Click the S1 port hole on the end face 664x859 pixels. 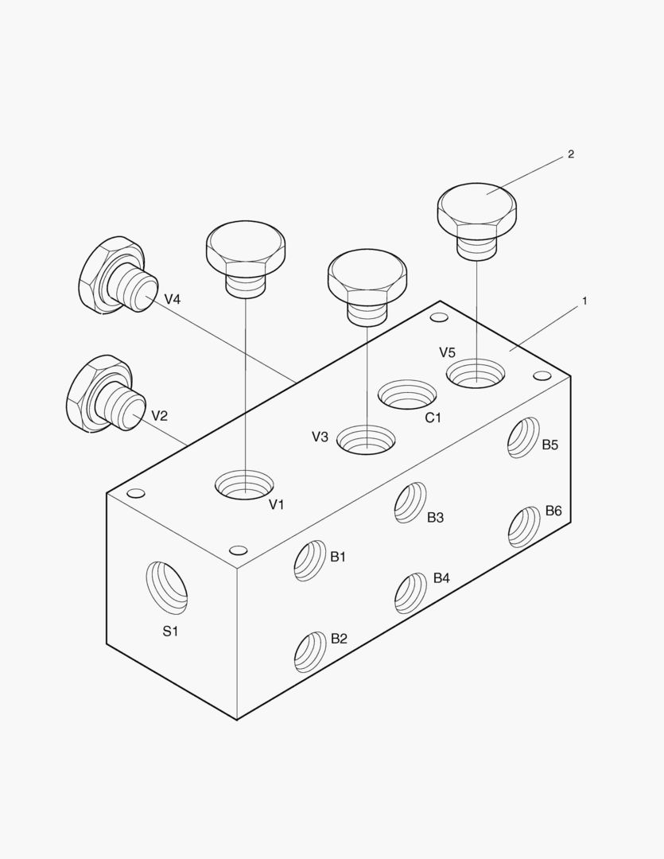click(x=166, y=588)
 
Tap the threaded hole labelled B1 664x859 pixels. click(x=310, y=561)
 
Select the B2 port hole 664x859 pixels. click(x=310, y=652)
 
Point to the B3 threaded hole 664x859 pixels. click(x=410, y=503)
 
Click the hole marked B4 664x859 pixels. click(x=410, y=594)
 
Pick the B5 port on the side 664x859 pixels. click(x=524, y=437)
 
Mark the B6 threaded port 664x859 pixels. click(x=524, y=527)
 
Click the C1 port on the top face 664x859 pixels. click(x=408, y=395)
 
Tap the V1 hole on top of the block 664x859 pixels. click(x=244, y=484)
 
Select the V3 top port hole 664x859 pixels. click(x=366, y=439)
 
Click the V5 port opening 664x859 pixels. click(x=476, y=374)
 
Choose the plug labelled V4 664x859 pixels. click(x=118, y=275)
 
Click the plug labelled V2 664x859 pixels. click(x=106, y=395)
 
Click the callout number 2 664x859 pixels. click(x=571, y=154)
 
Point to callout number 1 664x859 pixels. click(x=584, y=301)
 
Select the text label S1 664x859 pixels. click(x=170, y=631)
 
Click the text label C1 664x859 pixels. click(x=433, y=418)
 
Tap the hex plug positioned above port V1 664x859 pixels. click(x=246, y=259)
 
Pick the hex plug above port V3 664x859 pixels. click(x=367, y=288)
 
